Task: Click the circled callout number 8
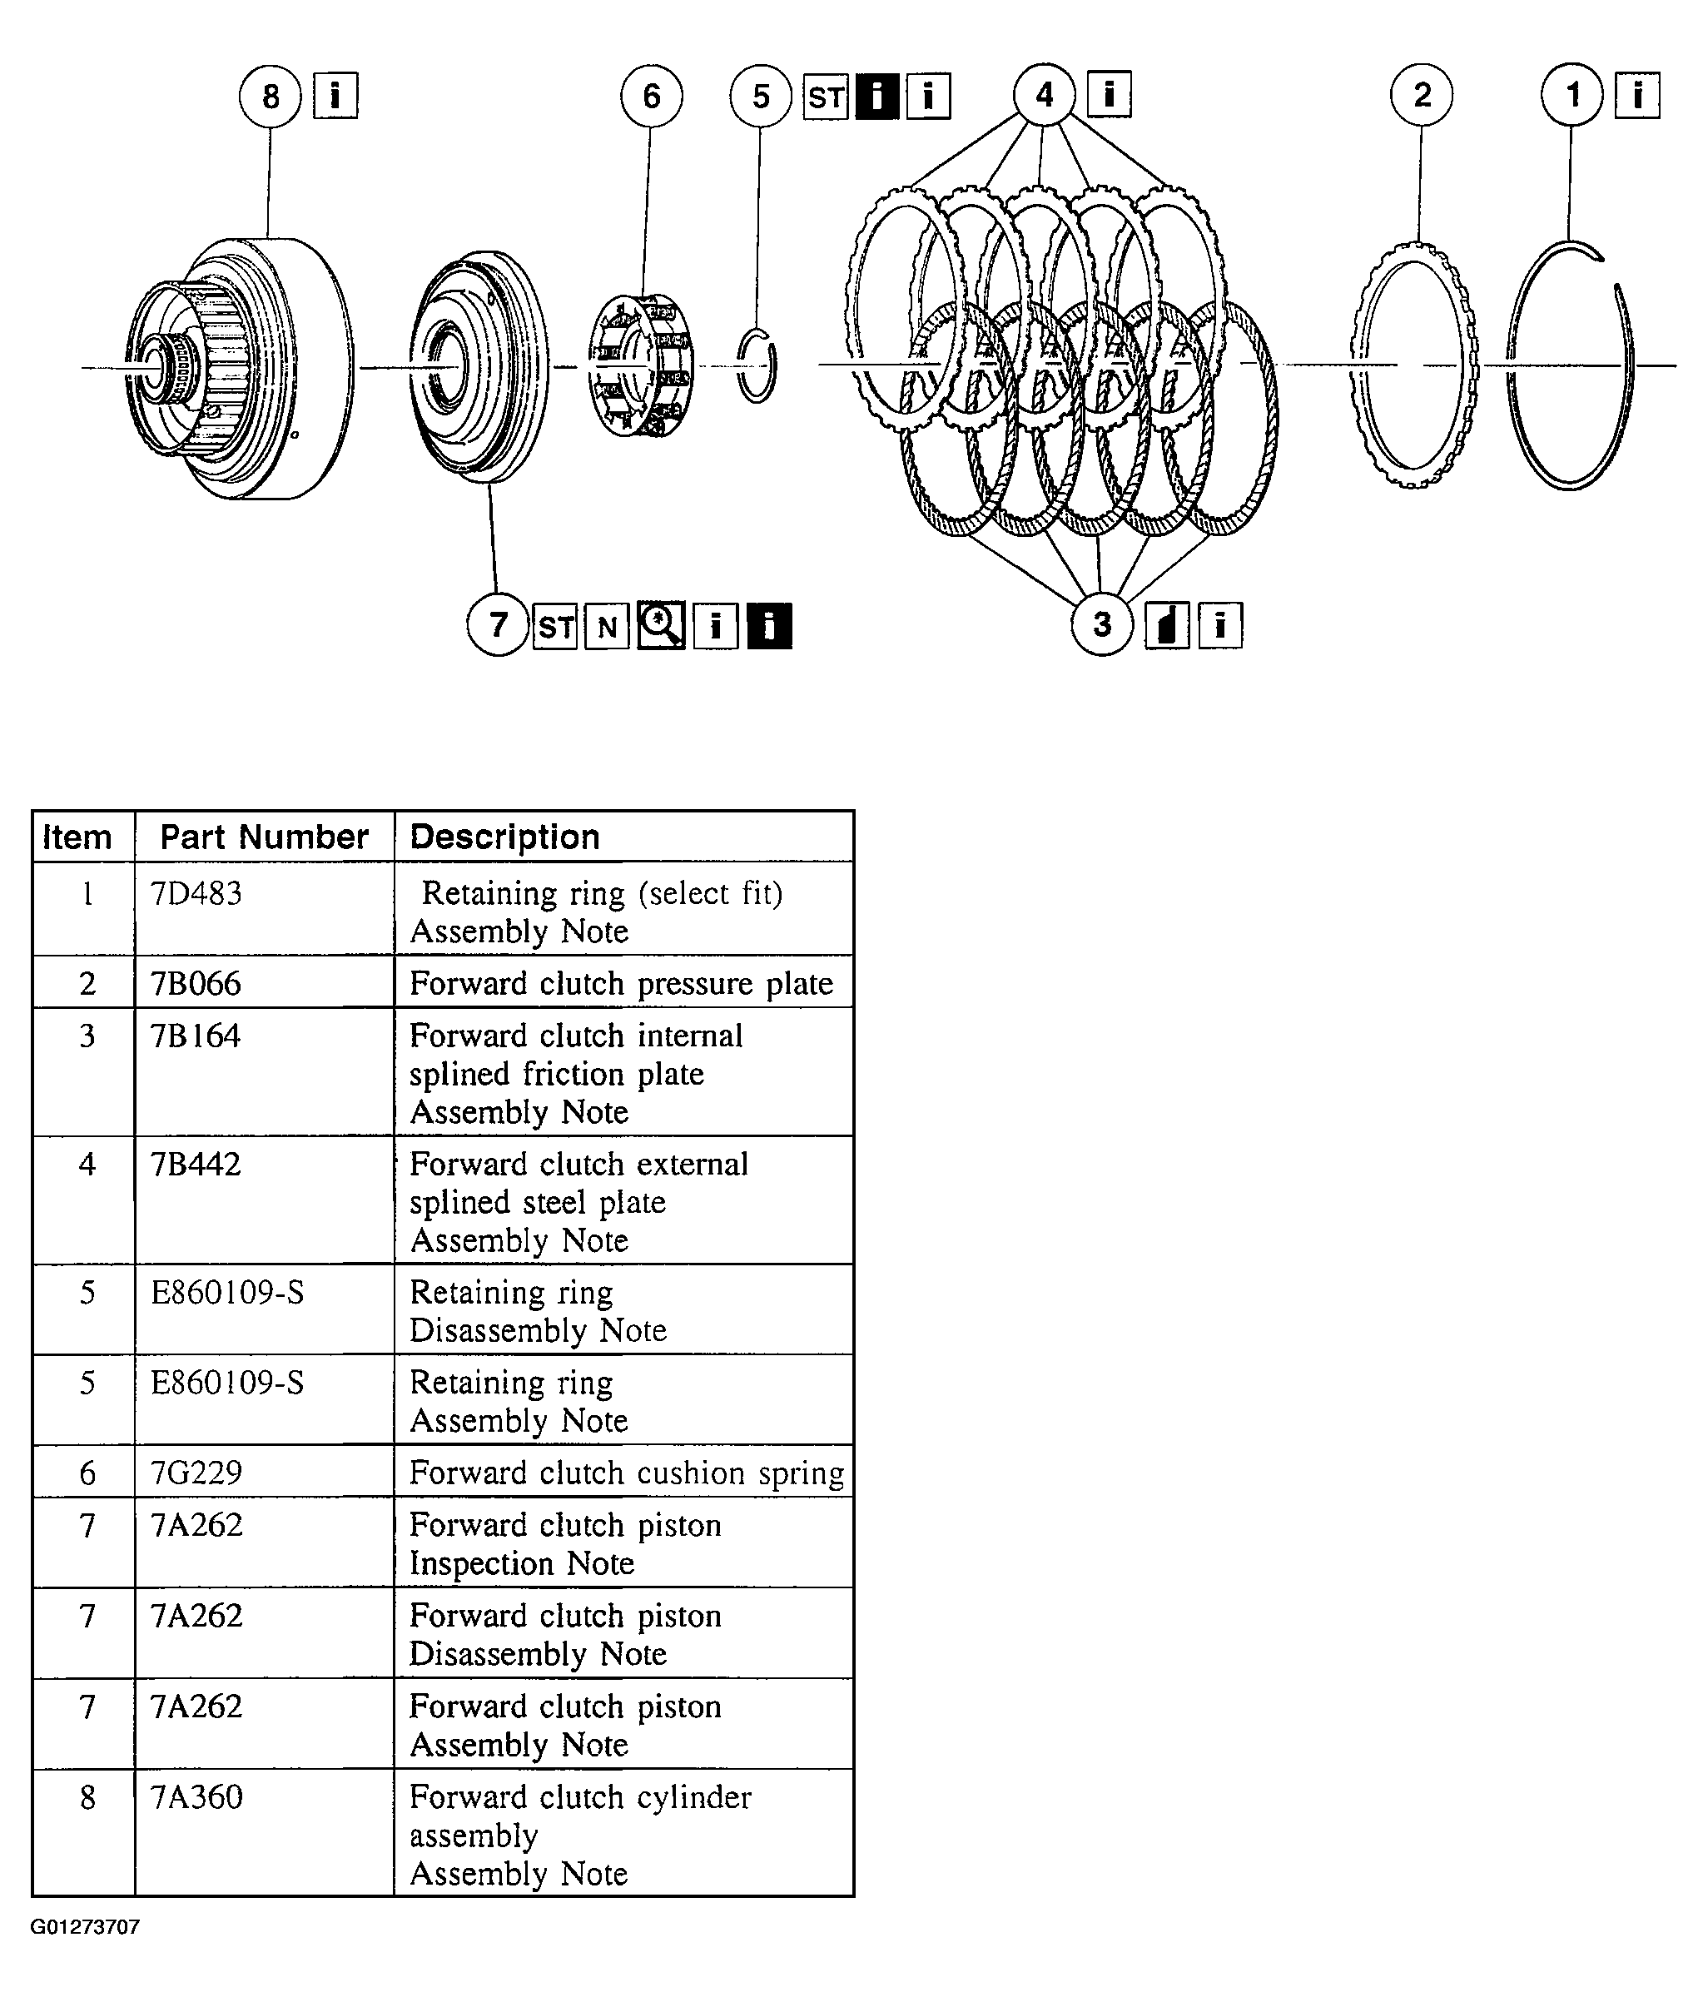[270, 97]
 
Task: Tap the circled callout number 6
[652, 97]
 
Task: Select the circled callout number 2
[1422, 96]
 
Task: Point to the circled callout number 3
[1102, 624]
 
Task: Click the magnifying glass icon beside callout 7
[661, 627]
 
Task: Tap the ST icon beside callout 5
[826, 97]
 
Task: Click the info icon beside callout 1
[1636, 96]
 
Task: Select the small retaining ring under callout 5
[757, 366]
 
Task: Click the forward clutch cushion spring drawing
[640, 365]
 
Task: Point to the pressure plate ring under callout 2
[1414, 366]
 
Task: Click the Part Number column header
[264, 837]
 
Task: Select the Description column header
[504, 837]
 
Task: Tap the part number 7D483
[196, 893]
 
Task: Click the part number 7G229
[196, 1472]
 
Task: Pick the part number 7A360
[196, 1797]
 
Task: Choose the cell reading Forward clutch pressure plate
[621, 983]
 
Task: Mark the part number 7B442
[196, 1165]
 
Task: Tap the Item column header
[77, 837]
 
